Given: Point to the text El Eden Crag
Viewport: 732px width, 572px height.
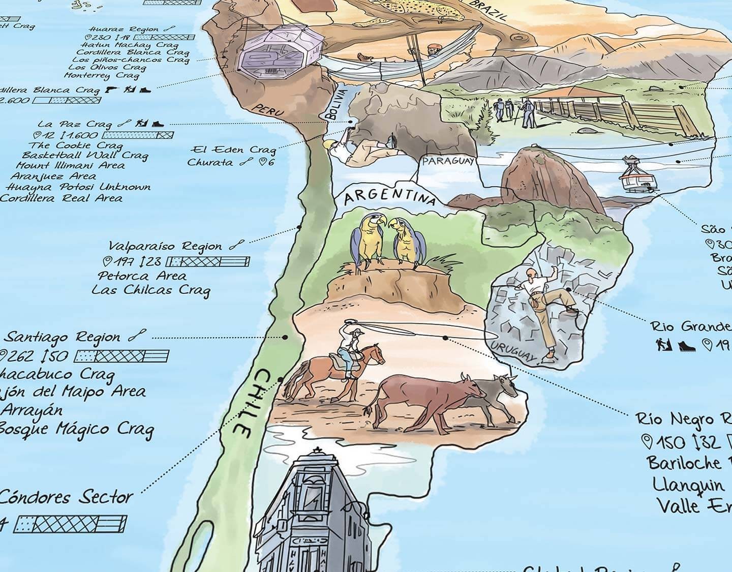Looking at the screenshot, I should [233, 149].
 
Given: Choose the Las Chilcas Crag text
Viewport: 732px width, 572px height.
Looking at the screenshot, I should [151, 290].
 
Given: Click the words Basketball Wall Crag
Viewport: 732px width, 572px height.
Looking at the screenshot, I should [85, 155].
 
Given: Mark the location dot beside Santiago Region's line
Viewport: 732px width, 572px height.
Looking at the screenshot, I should [286, 337].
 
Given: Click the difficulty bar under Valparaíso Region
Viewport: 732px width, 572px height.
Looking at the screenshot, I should [209, 262].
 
